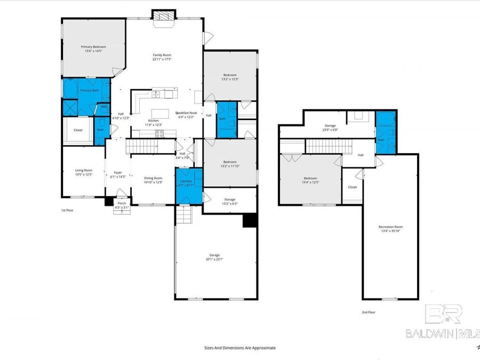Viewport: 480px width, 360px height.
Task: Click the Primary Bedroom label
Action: (x=93, y=47)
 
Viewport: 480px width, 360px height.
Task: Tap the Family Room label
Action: (x=162, y=55)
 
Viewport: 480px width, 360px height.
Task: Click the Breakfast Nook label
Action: (x=186, y=113)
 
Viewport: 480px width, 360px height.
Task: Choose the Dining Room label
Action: (x=153, y=179)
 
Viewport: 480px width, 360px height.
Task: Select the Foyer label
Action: (x=117, y=172)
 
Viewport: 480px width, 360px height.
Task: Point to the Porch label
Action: (x=122, y=203)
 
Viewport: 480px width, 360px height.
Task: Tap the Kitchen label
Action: (x=153, y=121)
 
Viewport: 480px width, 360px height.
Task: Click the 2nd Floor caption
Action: (x=369, y=312)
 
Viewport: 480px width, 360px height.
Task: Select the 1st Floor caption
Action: (x=67, y=210)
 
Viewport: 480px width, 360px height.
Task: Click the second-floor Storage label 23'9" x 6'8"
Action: (x=331, y=126)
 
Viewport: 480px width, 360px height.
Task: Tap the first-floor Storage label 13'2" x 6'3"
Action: (x=229, y=199)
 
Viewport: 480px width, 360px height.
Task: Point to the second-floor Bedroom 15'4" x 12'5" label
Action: (x=310, y=178)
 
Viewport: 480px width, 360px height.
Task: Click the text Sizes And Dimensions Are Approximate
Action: (x=240, y=347)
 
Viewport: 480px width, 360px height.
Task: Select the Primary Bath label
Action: (x=89, y=91)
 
